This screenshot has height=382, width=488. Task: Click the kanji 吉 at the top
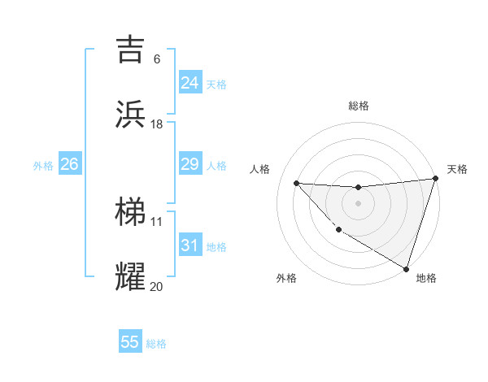click(x=131, y=49)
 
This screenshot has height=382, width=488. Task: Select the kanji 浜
click(x=131, y=115)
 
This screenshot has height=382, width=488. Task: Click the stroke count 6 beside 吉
click(x=157, y=59)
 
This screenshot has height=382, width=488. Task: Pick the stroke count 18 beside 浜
click(x=157, y=124)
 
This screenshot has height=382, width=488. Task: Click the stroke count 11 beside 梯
click(x=157, y=221)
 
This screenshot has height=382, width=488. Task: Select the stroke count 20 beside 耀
click(x=157, y=286)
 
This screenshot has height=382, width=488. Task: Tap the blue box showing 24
click(x=190, y=83)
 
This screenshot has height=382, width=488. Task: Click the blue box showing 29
click(x=190, y=165)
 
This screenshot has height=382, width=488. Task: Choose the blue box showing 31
click(x=190, y=245)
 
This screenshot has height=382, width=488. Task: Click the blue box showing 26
click(x=69, y=165)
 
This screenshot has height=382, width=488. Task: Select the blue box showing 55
click(x=130, y=342)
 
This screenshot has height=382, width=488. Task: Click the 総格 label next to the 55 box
click(x=157, y=344)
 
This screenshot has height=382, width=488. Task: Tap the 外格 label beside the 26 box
click(x=43, y=166)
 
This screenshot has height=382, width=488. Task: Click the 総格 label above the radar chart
click(x=359, y=106)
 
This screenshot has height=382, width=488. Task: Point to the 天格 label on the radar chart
click(x=457, y=169)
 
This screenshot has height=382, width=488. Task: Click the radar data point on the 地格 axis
click(x=406, y=267)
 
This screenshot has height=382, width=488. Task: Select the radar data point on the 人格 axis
click(x=296, y=183)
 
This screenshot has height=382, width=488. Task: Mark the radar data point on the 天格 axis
click(x=436, y=179)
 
